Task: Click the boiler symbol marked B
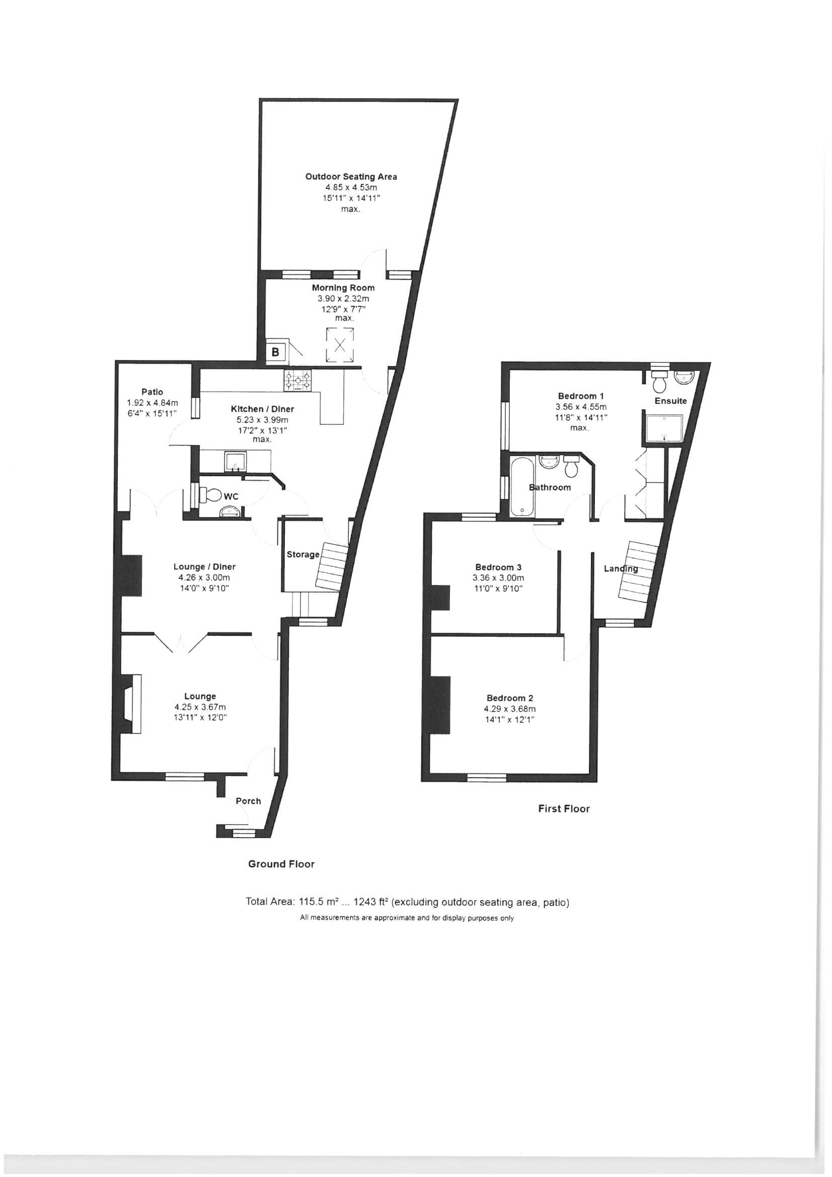coord(275,352)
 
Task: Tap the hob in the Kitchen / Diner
coord(298,381)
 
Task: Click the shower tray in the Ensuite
coord(664,429)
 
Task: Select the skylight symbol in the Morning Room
coord(340,344)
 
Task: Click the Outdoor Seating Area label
coord(351,176)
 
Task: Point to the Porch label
coord(248,801)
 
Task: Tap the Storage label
coord(303,554)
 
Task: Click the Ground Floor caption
coord(281,864)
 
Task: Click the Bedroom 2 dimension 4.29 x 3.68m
coord(509,709)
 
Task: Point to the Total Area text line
coord(408,902)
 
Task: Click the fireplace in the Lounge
coord(131,704)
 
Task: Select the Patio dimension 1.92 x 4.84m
coord(152,403)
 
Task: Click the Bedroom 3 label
coord(498,567)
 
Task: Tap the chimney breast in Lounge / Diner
coord(131,575)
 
